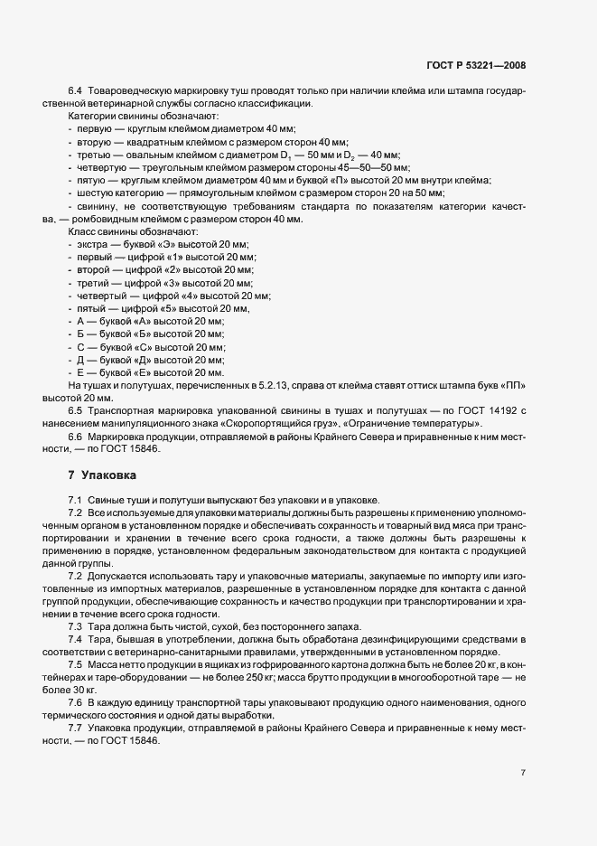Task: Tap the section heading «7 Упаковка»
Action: point(102,475)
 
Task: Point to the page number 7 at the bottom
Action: point(524,772)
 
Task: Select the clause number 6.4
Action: point(75,93)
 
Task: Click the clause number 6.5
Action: point(75,410)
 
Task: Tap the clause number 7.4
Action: point(75,640)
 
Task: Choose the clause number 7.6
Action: point(75,701)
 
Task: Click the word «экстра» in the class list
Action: point(93,245)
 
